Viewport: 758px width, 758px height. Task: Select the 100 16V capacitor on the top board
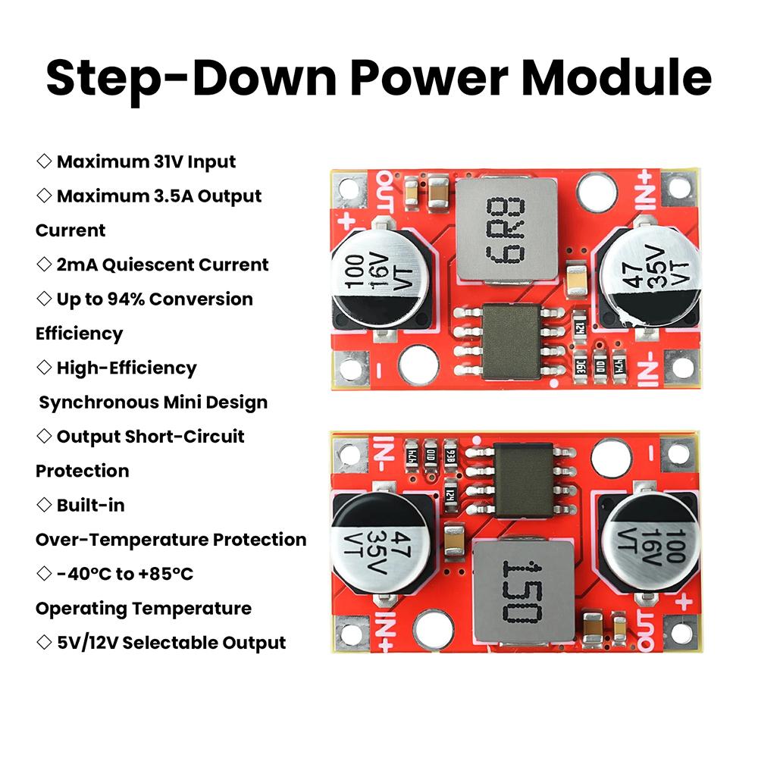[x=374, y=281]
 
